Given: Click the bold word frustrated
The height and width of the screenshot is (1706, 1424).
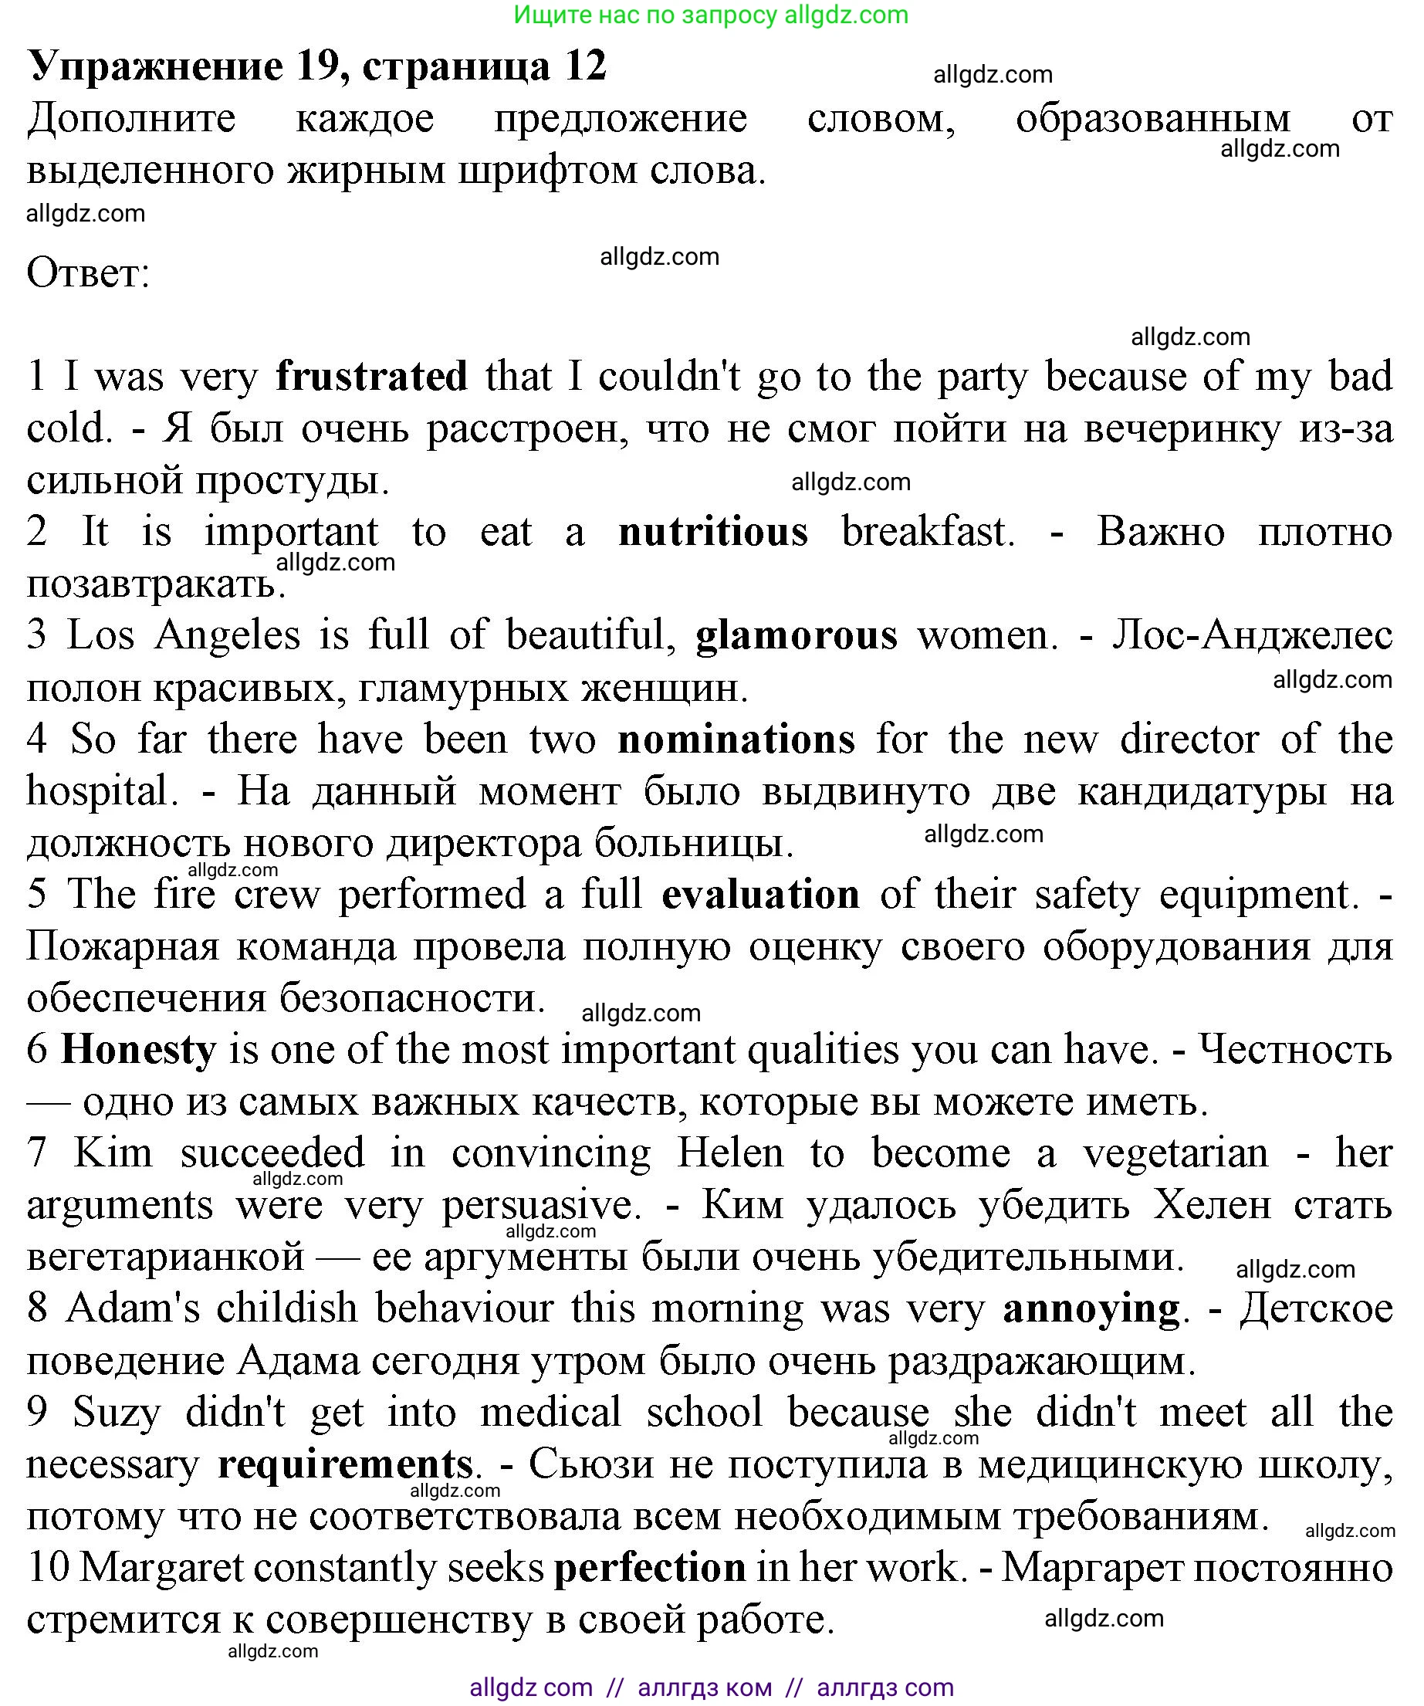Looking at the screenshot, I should [x=371, y=376].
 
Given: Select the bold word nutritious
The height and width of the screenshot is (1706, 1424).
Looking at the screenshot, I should [x=712, y=532].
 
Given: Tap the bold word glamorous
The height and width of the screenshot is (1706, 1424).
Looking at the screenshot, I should [x=796, y=635].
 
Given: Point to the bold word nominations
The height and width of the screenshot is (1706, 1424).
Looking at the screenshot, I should [x=736, y=740].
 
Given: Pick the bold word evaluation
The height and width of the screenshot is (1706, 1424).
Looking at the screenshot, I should [x=760, y=895].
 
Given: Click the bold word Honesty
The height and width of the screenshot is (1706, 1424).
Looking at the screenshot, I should [x=139, y=1049].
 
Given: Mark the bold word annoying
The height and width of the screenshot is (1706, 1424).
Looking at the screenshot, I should [x=1090, y=1308].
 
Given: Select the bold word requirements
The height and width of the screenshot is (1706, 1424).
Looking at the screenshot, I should [x=345, y=1464].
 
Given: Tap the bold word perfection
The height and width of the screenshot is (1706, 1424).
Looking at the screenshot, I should [x=650, y=1567].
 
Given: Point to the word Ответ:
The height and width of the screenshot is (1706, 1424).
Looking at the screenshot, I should [x=88, y=273].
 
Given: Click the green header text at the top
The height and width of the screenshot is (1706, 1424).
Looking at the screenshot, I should [x=711, y=15].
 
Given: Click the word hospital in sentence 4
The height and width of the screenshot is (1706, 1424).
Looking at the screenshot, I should [x=96, y=790].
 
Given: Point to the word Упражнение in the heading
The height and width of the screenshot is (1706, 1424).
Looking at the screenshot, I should [x=155, y=66].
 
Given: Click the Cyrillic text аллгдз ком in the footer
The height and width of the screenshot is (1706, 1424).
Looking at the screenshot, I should [x=705, y=1687].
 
